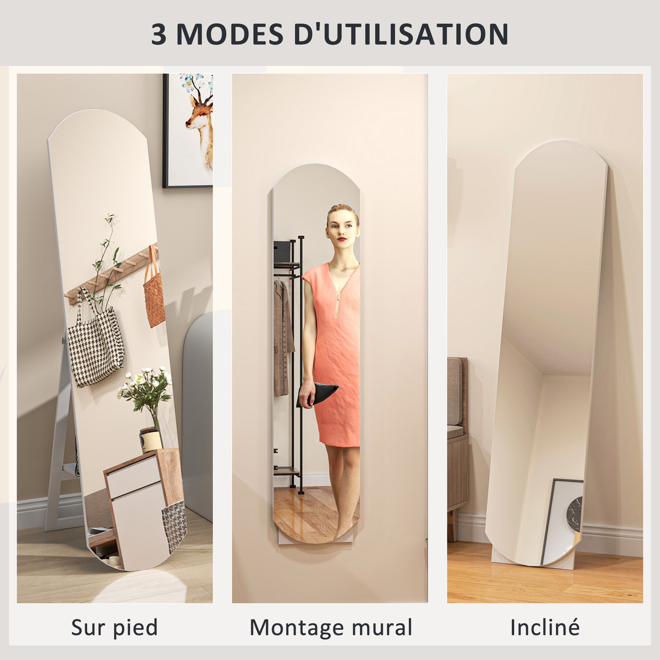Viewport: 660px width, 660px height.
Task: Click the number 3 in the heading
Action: [x=158, y=34]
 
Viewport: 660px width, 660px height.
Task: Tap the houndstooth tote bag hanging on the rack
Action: [x=96, y=345]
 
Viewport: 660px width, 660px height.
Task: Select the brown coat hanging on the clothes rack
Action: [x=283, y=338]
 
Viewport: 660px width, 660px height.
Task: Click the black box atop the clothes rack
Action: [x=282, y=251]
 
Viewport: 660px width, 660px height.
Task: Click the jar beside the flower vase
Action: [x=151, y=440]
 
